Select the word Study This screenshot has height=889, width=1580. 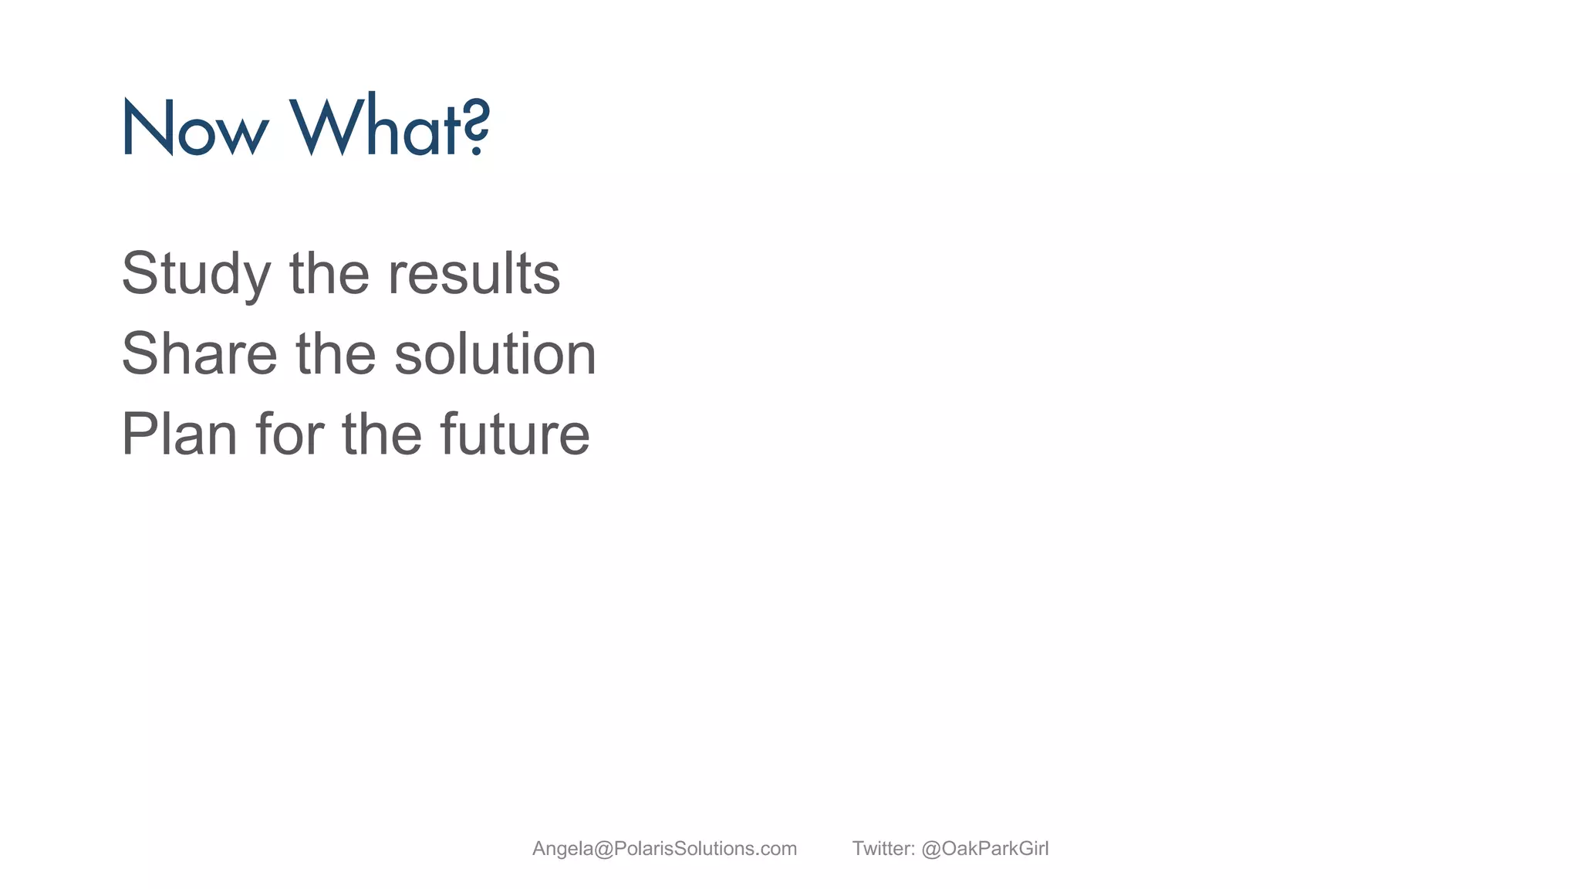coord(196,275)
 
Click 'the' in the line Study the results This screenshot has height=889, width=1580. coord(329,273)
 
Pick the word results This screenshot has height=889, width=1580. coord(474,273)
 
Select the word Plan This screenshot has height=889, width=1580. coord(179,434)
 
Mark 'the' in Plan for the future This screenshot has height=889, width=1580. coord(382,434)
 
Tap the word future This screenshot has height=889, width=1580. coord(515,434)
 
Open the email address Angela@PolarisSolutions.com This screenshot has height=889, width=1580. coord(664,849)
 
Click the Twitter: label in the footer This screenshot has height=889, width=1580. coord(883,849)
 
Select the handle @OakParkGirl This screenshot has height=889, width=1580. coord(985,849)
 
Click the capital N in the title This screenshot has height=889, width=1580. coord(147,128)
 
